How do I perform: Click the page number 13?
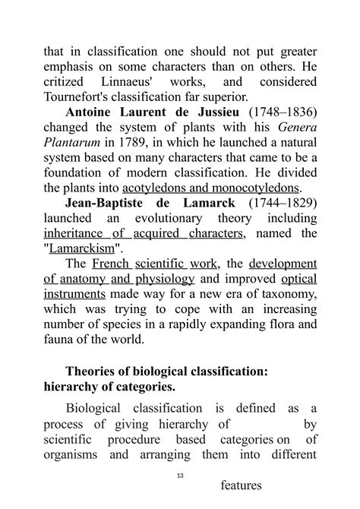180,475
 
